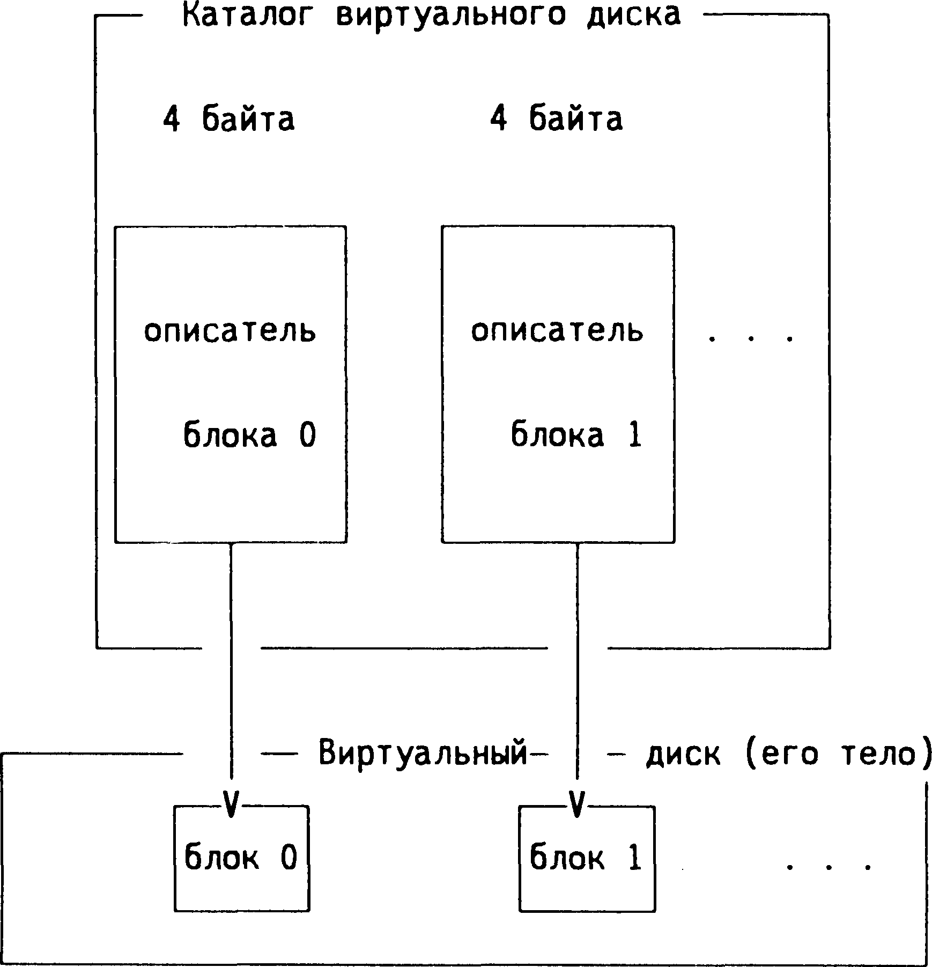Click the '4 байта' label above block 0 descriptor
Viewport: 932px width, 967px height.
pos(229,119)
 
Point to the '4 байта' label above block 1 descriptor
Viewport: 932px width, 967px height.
pos(556,119)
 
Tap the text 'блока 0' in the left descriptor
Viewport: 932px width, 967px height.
pos(249,434)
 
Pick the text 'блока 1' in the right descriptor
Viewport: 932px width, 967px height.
pos(576,434)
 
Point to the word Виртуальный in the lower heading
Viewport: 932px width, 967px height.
pos(424,754)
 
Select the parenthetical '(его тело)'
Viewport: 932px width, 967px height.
pos(838,754)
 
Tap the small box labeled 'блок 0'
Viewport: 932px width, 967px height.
pos(242,858)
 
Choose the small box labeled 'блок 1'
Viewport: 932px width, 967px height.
pos(587,858)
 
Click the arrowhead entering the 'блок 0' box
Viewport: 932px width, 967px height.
pos(231,804)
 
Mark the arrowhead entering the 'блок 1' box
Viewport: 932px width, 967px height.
pos(576,804)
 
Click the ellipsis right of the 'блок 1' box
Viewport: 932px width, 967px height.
pos(829,866)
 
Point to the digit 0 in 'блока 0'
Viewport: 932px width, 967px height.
pos(307,434)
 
